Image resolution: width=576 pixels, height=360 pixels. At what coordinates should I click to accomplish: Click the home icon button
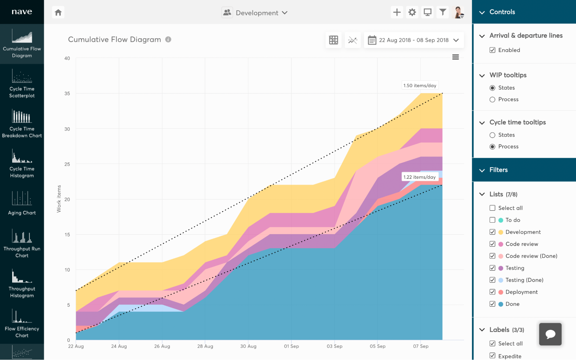(58, 12)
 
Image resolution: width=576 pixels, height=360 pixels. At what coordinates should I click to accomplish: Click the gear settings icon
(412, 12)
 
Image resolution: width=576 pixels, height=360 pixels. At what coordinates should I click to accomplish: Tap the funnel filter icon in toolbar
(443, 12)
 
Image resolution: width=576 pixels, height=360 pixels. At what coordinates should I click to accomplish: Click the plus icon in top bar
(397, 12)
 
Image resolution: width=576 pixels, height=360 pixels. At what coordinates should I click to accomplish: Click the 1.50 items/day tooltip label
(420, 86)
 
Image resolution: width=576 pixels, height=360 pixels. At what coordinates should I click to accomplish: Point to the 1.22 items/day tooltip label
(419, 177)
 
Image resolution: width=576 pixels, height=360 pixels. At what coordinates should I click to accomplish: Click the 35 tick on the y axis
(67, 94)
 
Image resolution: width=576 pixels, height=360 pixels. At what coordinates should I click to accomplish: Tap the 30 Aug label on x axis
(248, 346)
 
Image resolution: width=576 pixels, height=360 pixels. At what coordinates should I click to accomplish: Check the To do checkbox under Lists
(492, 220)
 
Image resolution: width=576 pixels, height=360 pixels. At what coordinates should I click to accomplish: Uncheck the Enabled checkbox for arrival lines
(492, 50)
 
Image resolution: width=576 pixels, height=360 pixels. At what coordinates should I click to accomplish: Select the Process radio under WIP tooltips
(492, 99)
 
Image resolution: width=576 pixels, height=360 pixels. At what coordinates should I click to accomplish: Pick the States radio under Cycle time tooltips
(492, 135)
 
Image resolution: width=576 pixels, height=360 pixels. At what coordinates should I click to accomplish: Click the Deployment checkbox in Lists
(492, 292)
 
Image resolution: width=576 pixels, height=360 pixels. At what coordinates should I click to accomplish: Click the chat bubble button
(550, 334)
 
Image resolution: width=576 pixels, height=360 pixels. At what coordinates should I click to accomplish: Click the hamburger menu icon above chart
(455, 57)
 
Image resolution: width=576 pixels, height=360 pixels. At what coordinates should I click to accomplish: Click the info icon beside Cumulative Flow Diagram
(168, 40)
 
